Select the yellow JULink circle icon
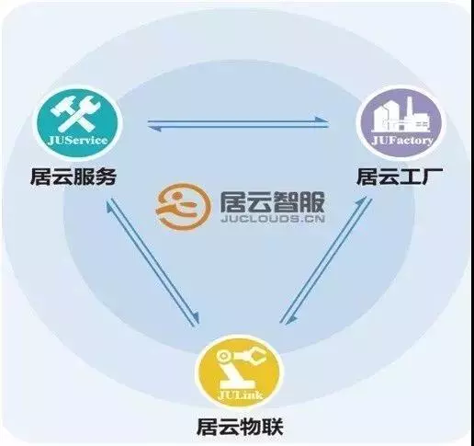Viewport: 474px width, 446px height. [240, 372]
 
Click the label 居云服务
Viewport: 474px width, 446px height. [73, 177]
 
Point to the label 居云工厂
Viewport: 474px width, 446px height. [399, 177]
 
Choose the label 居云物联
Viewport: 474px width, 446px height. [240, 427]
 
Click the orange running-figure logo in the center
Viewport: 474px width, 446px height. [183, 206]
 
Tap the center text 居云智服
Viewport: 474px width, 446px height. [272, 202]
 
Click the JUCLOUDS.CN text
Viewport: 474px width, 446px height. [272, 219]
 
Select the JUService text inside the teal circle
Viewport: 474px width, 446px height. [77, 141]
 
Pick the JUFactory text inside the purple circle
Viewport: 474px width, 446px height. [401, 141]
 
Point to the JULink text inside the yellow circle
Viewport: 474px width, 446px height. [241, 395]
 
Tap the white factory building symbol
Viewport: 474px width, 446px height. [401, 115]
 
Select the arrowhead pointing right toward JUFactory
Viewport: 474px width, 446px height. [322, 120]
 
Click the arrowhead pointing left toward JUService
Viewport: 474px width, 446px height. [155, 129]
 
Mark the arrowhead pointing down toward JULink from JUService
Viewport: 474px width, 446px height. [196, 318]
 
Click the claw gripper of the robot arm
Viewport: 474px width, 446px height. [255, 356]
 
